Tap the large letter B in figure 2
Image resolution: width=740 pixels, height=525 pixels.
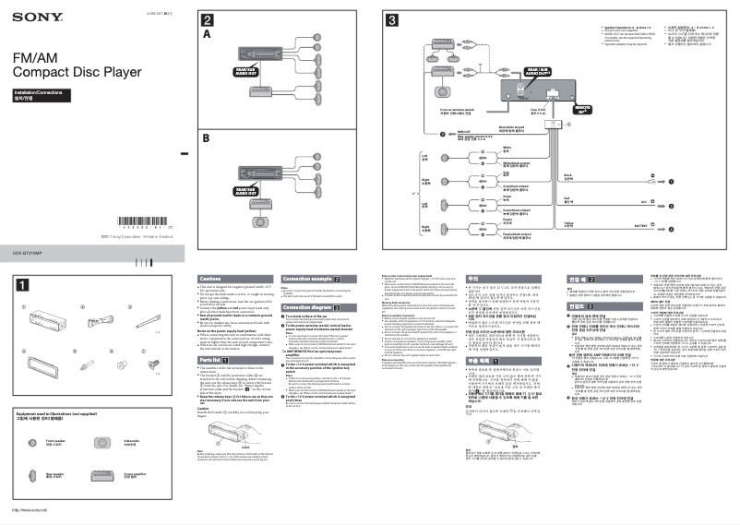click(x=208, y=138)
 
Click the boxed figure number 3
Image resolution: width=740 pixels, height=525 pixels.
click(x=391, y=20)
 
